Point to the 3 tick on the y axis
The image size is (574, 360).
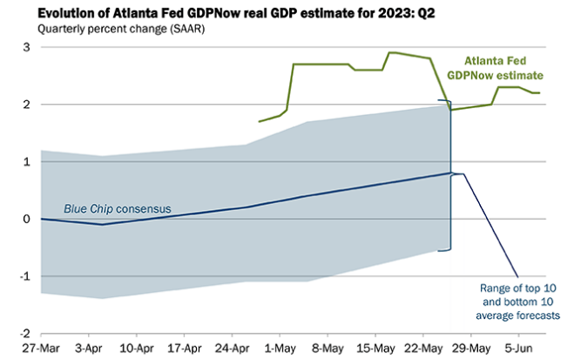click(x=27, y=47)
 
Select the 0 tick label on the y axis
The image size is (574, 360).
click(x=27, y=219)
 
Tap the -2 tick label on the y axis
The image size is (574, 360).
click(x=24, y=334)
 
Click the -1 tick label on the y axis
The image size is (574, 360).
click(x=24, y=276)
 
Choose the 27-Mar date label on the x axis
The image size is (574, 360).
click(x=41, y=347)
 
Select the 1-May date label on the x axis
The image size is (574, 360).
click(x=280, y=347)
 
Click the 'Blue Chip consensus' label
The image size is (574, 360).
click(x=118, y=209)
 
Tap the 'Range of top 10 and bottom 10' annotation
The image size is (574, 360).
click(x=519, y=301)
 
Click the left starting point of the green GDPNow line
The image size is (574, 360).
click(x=260, y=121)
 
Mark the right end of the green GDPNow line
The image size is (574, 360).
click(x=540, y=93)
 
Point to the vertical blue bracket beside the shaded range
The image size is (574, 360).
click(x=450, y=179)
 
